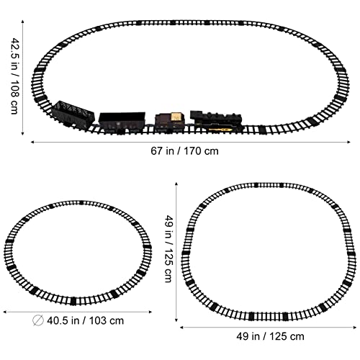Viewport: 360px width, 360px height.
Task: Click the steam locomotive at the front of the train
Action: [214, 121]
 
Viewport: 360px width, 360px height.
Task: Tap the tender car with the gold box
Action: [169, 121]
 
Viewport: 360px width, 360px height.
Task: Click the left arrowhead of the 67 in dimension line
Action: [32, 142]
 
